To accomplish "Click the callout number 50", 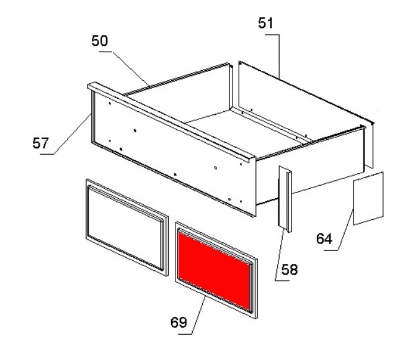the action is [100, 41].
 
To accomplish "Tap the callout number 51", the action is [266, 23].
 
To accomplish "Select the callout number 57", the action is [40, 143].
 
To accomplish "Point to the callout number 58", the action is [290, 270].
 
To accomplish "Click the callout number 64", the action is [324, 239].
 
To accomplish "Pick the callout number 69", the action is [179, 322].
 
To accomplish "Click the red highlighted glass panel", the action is [214, 270].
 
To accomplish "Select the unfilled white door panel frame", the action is [127, 227].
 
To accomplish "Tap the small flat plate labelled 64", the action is [368, 199].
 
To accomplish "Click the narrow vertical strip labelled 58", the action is [285, 199].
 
